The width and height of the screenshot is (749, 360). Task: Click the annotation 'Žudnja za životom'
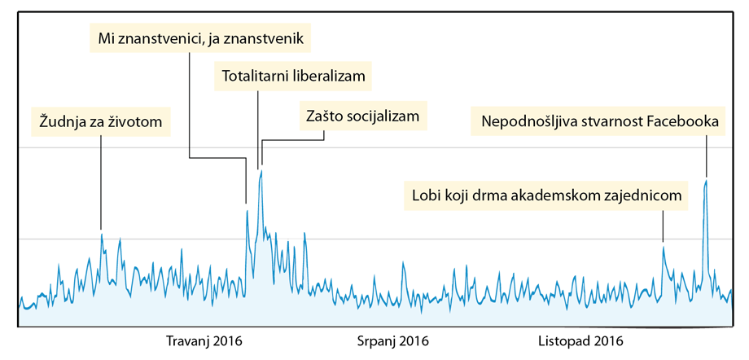pos(101,122)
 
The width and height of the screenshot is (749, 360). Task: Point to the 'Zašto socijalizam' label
pos(362,116)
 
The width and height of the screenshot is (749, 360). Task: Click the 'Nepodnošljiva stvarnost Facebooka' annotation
pos(600,122)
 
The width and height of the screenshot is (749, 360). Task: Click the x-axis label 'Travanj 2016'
pos(204,340)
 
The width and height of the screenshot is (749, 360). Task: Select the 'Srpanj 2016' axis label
pos(393,340)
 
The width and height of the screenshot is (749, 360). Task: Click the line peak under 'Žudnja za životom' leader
pos(102,235)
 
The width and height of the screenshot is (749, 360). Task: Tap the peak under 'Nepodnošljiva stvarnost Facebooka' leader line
pos(706,180)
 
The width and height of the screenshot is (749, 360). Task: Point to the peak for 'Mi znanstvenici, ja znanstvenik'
pos(247,210)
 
